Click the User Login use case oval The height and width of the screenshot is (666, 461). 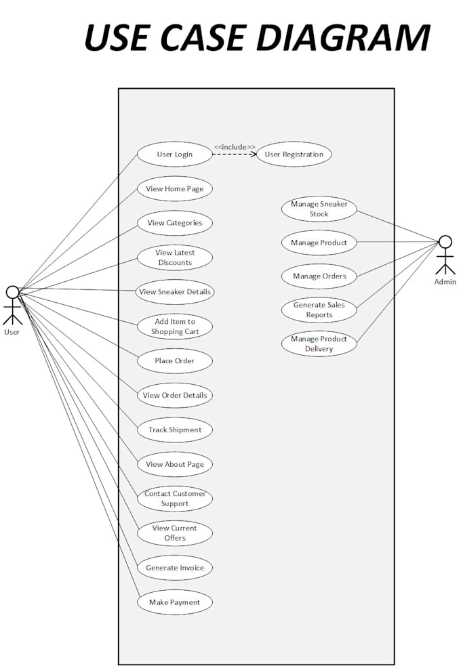pos(175,154)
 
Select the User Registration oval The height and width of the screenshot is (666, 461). pos(294,154)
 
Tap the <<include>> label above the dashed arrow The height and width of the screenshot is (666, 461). pos(235,146)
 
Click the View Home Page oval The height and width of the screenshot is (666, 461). pos(175,188)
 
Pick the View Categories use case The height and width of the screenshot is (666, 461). pos(175,223)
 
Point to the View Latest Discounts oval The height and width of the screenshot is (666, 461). pos(175,257)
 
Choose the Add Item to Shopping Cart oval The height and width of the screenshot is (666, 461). pos(175,327)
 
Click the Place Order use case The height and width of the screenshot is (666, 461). pos(175,360)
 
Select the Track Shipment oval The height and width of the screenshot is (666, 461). pos(175,430)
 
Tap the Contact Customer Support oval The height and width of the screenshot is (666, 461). pos(175,499)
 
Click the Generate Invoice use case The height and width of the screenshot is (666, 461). pos(175,568)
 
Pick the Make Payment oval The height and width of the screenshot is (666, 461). pos(175,602)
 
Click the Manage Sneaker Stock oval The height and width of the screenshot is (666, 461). pos(319,209)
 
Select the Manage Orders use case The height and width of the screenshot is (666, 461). pos(319,276)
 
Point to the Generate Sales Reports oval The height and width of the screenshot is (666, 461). pos(319,310)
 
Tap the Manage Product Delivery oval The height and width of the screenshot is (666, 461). pos(319,344)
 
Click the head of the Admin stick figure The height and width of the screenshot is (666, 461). pos(445,241)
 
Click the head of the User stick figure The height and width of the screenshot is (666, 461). pos(12,292)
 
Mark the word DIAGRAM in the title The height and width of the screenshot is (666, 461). pos(337,37)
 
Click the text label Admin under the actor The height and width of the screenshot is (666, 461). pos(445,282)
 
